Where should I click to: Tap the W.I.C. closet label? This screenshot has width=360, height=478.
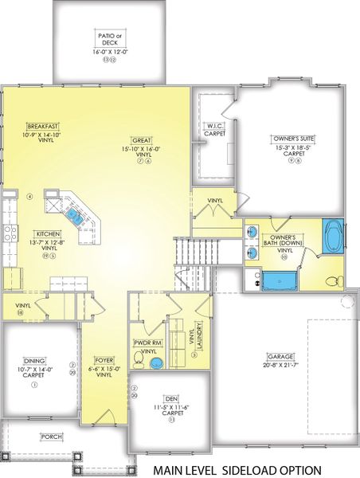click(214, 126)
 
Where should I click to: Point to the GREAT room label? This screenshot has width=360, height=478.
click(143, 139)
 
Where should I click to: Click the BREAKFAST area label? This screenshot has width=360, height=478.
click(43, 127)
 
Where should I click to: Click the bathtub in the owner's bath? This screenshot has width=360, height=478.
click(332, 237)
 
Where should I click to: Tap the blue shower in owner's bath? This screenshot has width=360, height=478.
click(279, 281)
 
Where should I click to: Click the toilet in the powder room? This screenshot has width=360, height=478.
click(139, 361)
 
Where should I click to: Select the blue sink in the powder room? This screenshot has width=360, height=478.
click(156, 362)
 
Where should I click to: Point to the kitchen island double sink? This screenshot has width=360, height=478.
click(75, 214)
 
